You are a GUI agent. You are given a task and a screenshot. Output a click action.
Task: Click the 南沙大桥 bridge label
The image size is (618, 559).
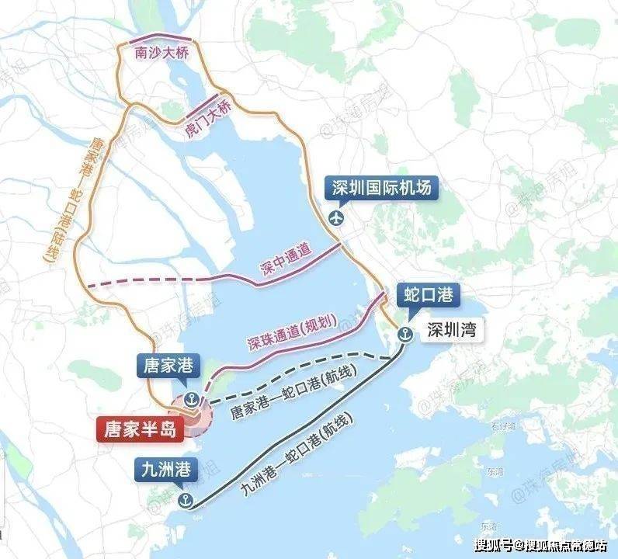161,56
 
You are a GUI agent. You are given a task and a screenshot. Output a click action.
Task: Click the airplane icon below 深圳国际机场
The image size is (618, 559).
336,217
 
